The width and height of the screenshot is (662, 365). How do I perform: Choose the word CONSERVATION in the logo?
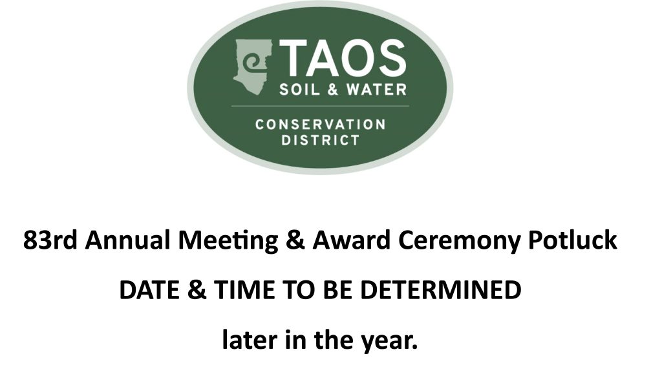[x=320, y=123]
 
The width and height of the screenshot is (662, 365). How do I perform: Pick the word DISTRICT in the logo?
[x=320, y=140]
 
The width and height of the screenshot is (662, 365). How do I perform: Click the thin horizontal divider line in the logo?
[x=320, y=105]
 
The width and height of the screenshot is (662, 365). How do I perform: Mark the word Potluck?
[x=573, y=241]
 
